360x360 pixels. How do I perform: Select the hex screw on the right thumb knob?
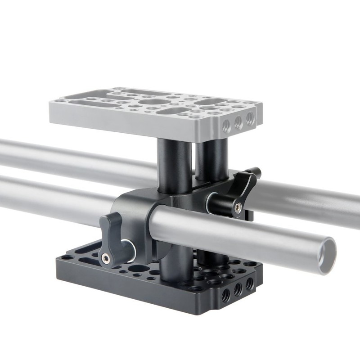[x=238, y=207]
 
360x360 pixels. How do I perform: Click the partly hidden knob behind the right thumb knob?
[x=254, y=172]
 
